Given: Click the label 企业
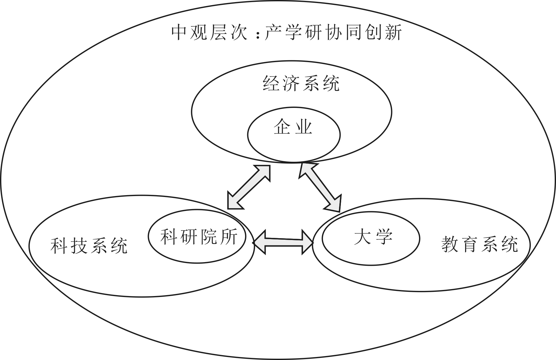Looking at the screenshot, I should (x=293, y=127).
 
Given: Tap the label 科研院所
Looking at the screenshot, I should (x=199, y=236).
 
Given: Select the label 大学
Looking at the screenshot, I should (x=373, y=236).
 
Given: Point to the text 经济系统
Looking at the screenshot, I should (x=301, y=83).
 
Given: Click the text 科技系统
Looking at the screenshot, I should (x=89, y=245).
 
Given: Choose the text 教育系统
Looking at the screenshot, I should (x=480, y=244).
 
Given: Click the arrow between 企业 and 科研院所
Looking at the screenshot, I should (x=249, y=187).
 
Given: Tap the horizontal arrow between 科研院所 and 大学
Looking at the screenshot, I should (x=283, y=242).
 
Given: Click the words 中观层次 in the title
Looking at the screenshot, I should (x=209, y=32).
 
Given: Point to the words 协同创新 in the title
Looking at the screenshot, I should (x=364, y=32).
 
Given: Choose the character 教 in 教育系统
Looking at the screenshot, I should (x=451, y=244).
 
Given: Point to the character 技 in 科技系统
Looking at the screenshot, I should (x=79, y=245).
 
